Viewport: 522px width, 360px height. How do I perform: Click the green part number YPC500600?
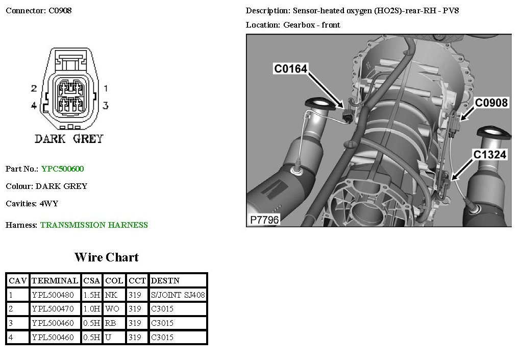tap(63, 169)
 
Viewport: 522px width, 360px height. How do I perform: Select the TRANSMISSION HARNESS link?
tap(94, 225)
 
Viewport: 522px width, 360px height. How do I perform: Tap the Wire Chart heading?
tap(107, 257)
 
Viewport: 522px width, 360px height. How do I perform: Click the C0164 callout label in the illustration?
tap(290, 68)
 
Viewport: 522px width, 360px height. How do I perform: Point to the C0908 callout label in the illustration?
tap(491, 103)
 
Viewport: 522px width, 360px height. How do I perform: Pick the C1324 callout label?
tap(490, 155)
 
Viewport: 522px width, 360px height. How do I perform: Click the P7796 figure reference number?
tap(264, 220)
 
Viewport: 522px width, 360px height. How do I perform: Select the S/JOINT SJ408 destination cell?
tap(178, 295)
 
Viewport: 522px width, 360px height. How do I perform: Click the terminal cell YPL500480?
tap(53, 295)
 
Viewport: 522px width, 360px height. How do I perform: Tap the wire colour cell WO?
tap(112, 309)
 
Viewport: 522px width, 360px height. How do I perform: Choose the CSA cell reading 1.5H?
tap(91, 295)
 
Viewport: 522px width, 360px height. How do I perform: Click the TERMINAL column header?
tap(55, 281)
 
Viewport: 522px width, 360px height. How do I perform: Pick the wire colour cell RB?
tap(111, 323)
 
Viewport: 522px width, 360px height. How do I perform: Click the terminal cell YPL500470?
tap(53, 309)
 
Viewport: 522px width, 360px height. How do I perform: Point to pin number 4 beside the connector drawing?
tap(34, 106)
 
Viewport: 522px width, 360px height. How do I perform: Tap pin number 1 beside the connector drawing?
tap(106, 88)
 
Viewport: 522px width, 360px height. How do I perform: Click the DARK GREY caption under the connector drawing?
tap(69, 139)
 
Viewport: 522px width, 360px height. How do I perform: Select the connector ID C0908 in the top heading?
tap(60, 11)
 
